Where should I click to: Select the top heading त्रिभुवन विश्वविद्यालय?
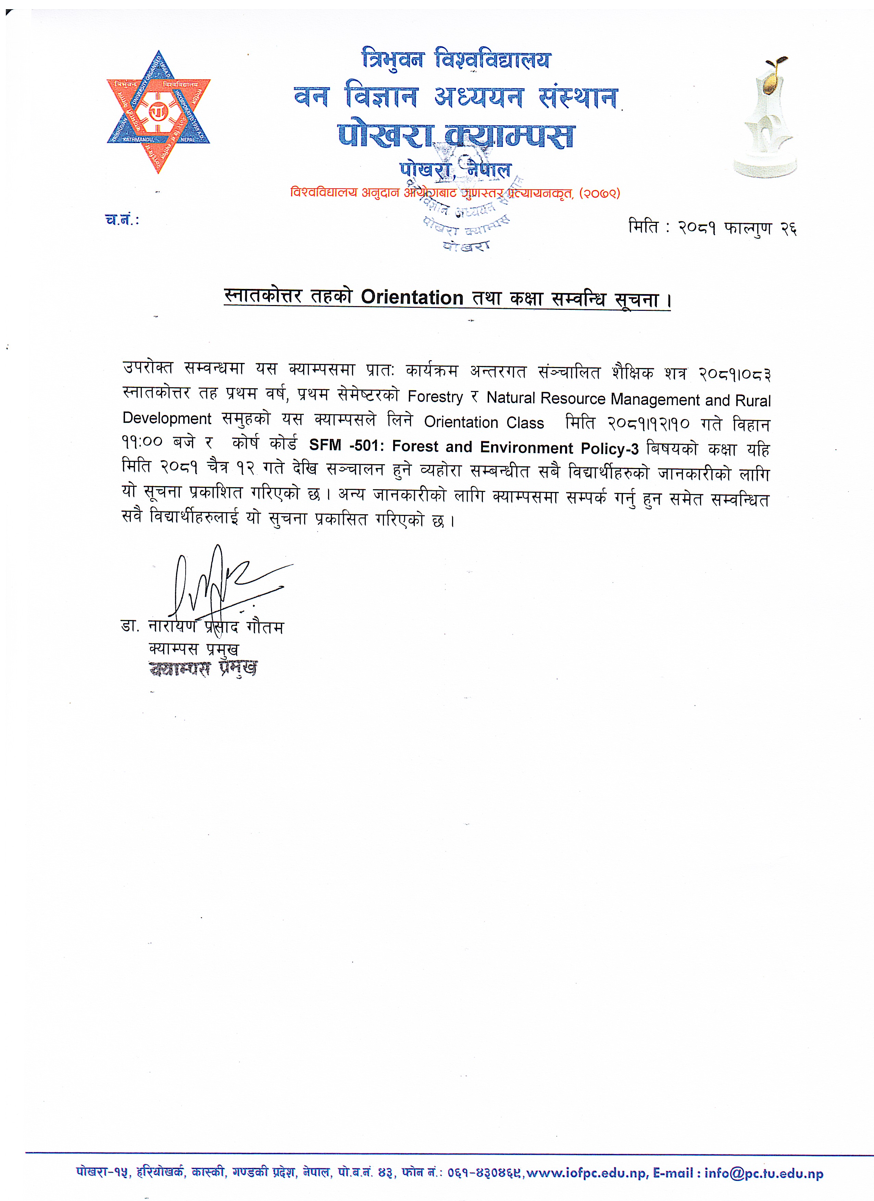click(455, 59)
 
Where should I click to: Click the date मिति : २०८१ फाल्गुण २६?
click(712, 228)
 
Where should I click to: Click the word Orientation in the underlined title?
click(412, 298)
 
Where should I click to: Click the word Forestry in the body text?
click(435, 397)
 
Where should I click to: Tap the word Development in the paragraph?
click(167, 418)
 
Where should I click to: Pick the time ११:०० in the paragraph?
click(142, 442)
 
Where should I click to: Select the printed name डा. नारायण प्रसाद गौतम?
click(203, 627)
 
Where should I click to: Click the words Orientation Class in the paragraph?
click(484, 422)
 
